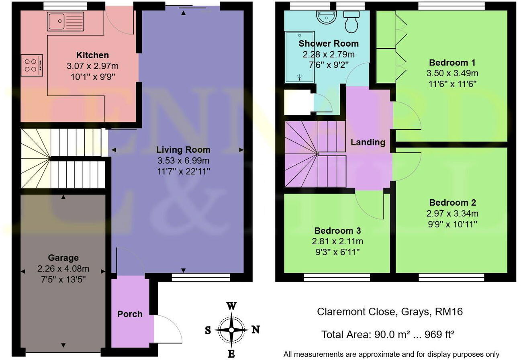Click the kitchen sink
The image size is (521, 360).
pyautogui.click(x=65, y=21)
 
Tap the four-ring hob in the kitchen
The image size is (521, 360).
pyautogui.click(x=32, y=65)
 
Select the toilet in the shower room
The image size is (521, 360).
pyautogui.click(x=351, y=22)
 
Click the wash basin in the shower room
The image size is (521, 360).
pyautogui.click(x=326, y=17)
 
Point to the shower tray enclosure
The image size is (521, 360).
pyautogui.click(x=300, y=57)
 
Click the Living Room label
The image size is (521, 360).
pyautogui.click(x=183, y=149)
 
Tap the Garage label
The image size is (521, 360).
pyautogui.click(x=63, y=258)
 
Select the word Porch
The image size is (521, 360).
pyautogui.click(x=130, y=314)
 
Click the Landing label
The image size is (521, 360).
pyautogui.click(x=368, y=142)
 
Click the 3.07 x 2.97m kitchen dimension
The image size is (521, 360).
pyautogui.click(x=92, y=66)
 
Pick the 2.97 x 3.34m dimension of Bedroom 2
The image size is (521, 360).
pyautogui.click(x=452, y=213)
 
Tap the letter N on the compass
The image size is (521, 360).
pyautogui.click(x=255, y=329)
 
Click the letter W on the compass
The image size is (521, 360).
pyautogui.click(x=231, y=306)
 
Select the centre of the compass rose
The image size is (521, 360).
pyautogui.click(x=231, y=330)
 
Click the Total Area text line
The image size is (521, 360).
pyautogui.click(x=388, y=334)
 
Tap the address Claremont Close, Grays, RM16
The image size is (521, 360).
pyautogui.click(x=390, y=312)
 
